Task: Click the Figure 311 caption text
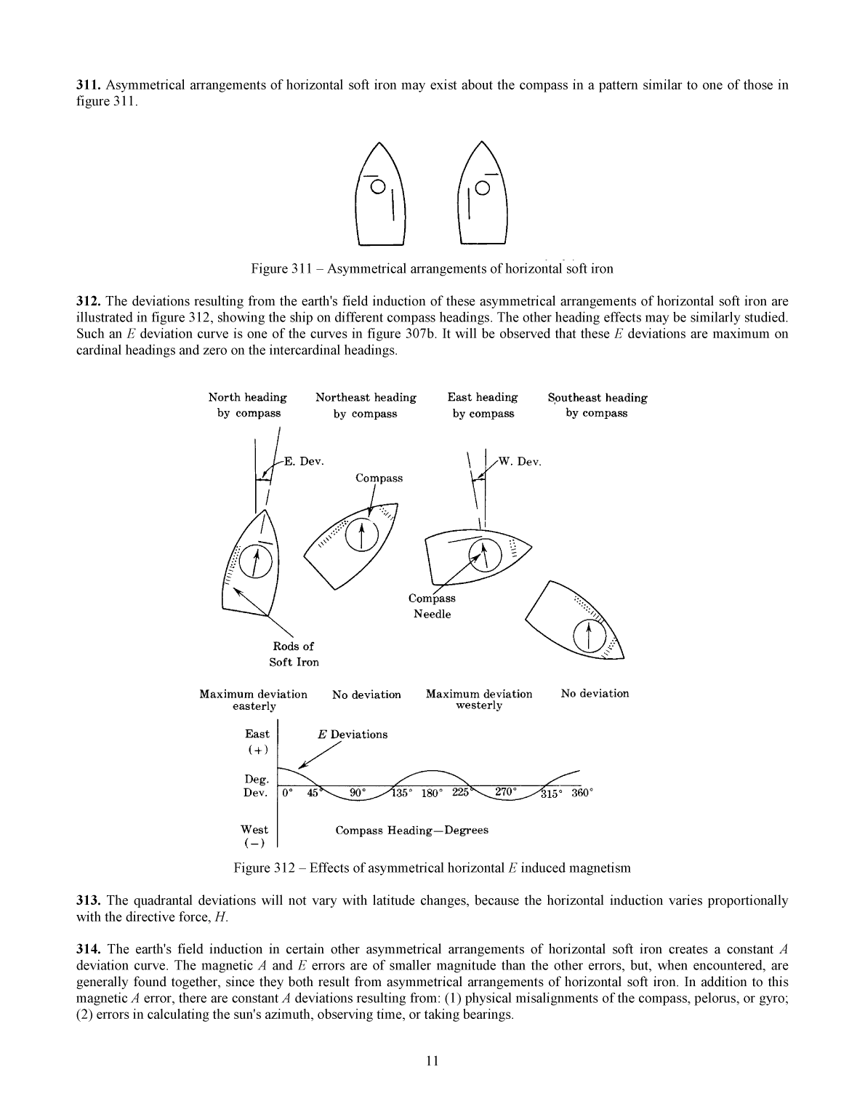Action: pos(432,269)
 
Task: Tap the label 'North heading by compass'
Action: pos(248,405)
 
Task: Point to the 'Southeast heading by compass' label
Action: pos(597,405)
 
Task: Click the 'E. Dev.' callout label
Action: pos(303,462)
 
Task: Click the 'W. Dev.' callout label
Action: pos(519,462)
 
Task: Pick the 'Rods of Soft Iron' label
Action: pos(294,654)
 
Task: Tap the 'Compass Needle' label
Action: pos(432,606)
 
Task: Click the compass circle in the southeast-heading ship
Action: pos(589,637)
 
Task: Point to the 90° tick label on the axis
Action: pos(358,793)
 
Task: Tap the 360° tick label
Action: pos(582,793)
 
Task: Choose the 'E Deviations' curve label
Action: pos(353,735)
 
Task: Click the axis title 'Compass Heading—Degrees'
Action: pos(411,831)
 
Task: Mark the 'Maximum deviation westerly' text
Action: pos(479,700)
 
